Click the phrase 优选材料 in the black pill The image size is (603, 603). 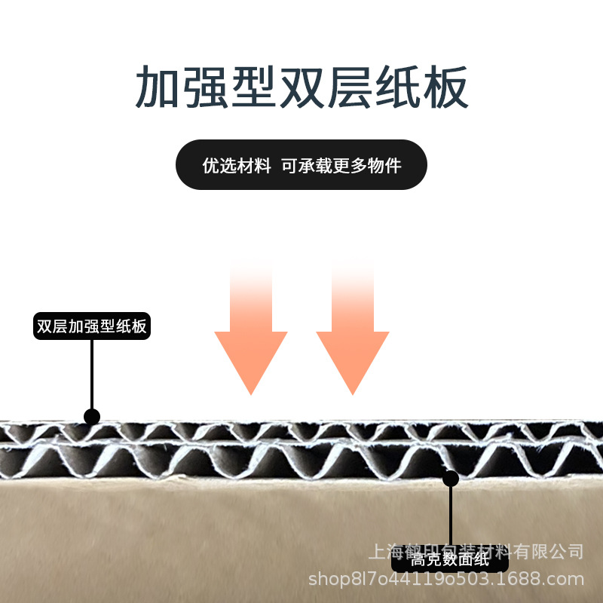point(237,166)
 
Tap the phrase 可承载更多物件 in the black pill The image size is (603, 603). point(341,166)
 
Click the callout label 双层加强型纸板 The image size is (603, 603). point(92,327)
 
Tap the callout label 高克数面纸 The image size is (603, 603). point(450,561)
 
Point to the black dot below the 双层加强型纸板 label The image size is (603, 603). point(92,417)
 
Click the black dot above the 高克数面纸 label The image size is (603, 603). point(451,478)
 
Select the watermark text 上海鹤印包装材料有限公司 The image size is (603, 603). point(476,551)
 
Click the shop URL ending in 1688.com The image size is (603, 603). point(447,579)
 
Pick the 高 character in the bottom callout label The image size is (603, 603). point(418,561)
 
